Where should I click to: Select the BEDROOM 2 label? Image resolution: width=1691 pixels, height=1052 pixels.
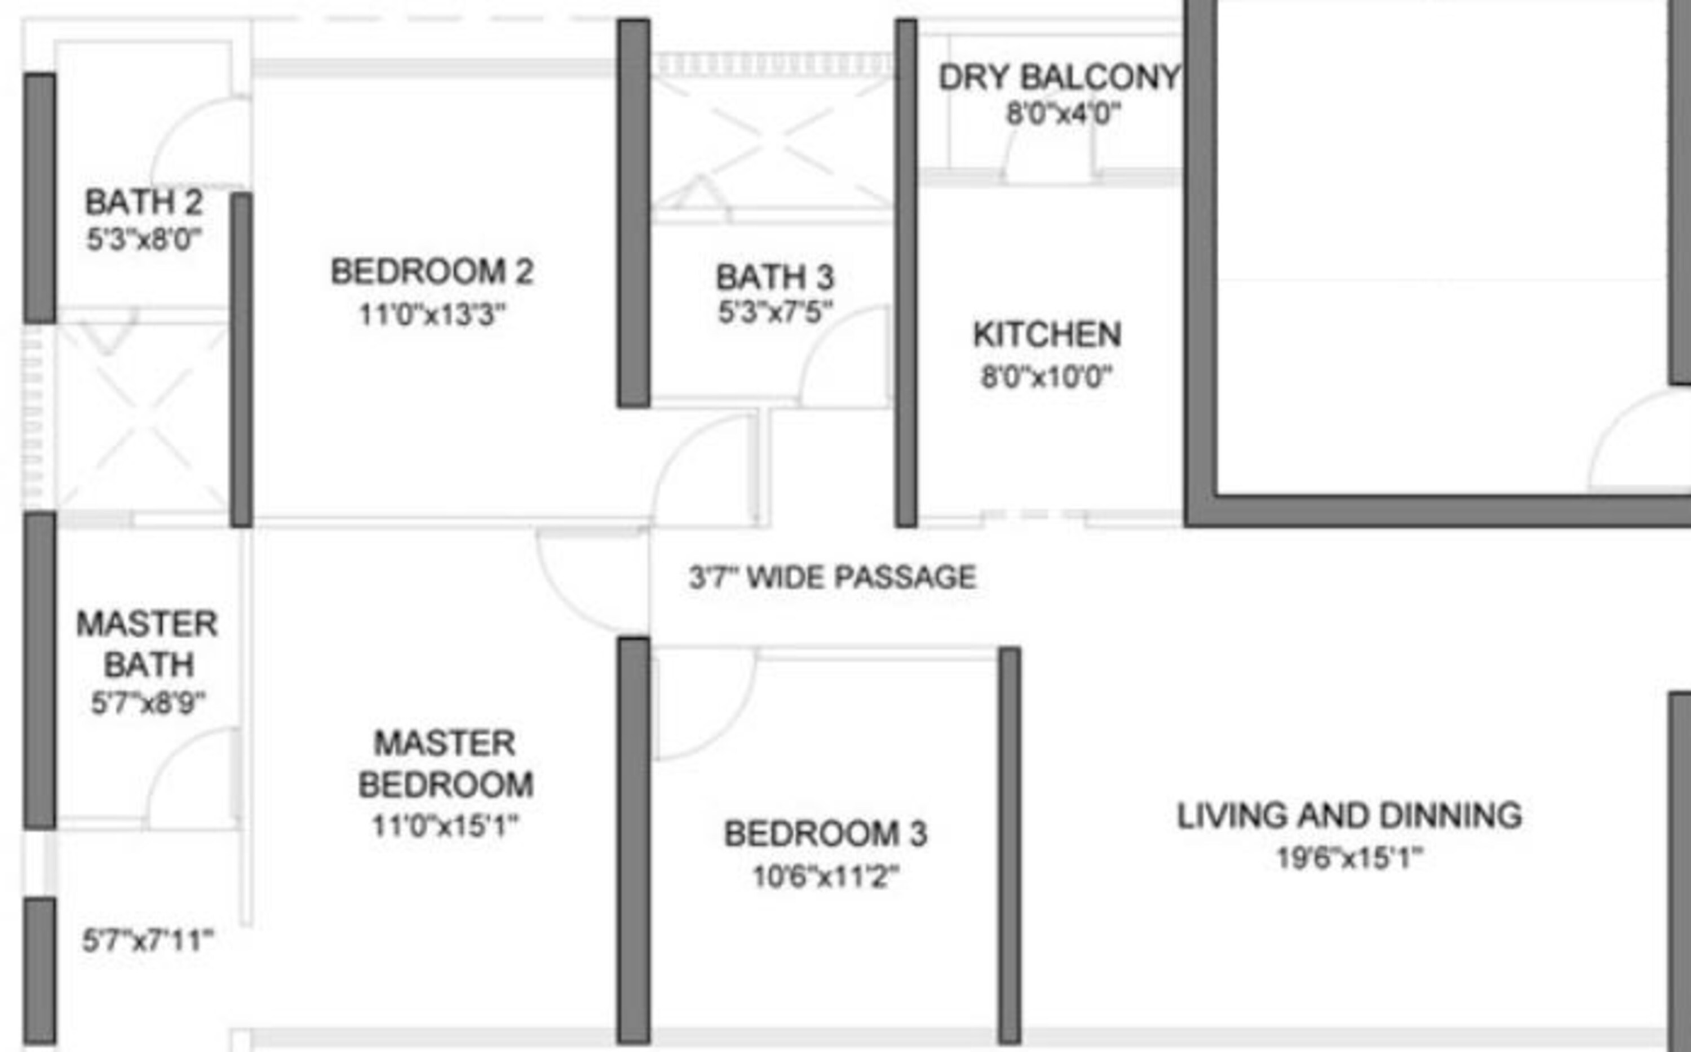coord(432,271)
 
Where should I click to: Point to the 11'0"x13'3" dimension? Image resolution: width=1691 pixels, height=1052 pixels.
coord(432,314)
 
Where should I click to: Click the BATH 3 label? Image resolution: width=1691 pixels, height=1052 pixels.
coord(775,277)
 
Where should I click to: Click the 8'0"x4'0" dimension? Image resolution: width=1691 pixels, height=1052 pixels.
coord(1063,113)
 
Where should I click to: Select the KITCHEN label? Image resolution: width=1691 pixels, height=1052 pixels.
coord(1047,335)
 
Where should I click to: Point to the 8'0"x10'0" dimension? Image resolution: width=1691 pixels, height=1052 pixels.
coord(1046,377)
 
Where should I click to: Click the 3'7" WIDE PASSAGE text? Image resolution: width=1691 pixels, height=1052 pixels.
coord(833,577)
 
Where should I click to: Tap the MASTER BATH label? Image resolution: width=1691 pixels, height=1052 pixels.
coord(148,644)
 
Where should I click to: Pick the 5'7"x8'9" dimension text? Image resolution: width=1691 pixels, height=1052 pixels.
coord(148,703)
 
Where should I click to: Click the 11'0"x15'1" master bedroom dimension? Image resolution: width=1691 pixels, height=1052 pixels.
coord(445,826)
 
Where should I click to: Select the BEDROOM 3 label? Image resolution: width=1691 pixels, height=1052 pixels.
coord(826,833)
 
